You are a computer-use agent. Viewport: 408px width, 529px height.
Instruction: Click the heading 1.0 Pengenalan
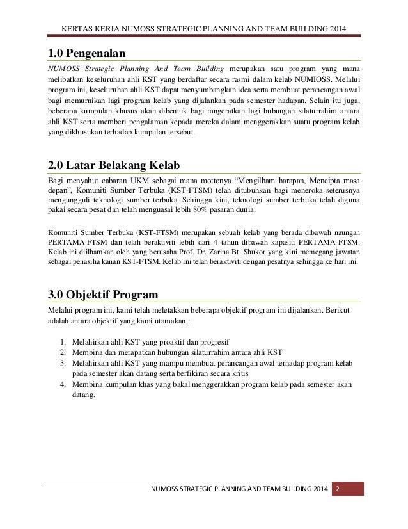click(x=86, y=52)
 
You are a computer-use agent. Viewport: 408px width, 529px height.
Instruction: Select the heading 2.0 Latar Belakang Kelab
click(x=113, y=163)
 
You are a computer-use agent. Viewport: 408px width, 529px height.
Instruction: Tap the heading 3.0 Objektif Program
click(x=104, y=295)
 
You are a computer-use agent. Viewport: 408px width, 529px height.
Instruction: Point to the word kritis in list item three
click(x=235, y=373)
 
